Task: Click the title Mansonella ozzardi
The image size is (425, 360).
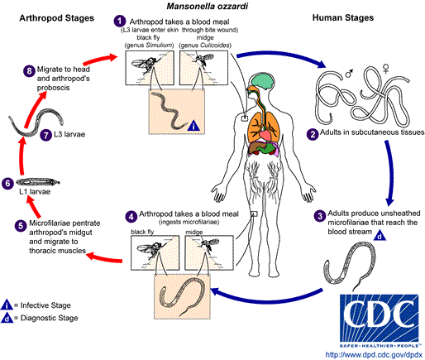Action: (212, 7)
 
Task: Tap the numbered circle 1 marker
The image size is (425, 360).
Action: (120, 19)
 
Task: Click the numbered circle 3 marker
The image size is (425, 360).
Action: (320, 216)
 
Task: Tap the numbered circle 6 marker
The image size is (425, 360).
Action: (8, 183)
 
